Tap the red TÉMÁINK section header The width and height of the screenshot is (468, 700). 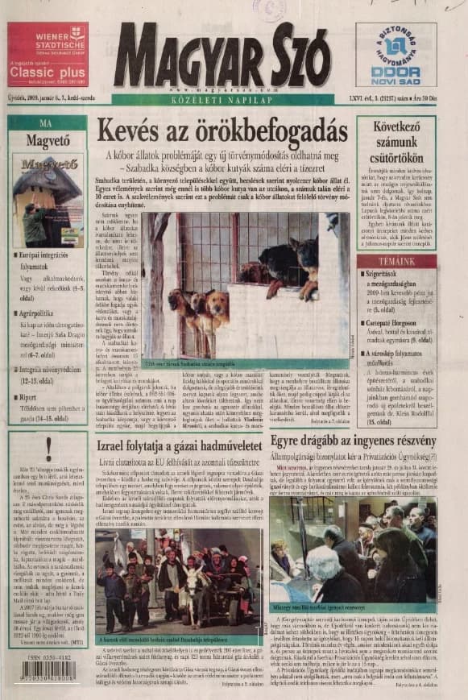point(396,262)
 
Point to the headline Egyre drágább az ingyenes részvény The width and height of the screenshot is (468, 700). point(352,441)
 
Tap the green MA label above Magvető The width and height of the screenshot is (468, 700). point(46,123)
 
